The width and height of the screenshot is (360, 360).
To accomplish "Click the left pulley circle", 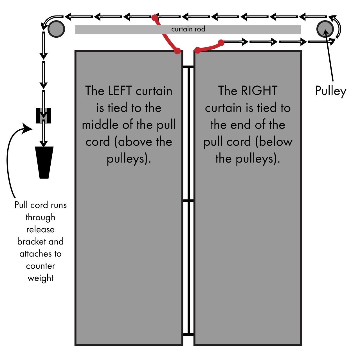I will tap(56, 29).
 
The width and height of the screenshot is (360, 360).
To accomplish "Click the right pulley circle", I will tap(325, 29).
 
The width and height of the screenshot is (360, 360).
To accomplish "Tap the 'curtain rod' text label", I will tap(188, 29).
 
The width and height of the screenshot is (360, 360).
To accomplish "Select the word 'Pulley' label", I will tap(330, 91).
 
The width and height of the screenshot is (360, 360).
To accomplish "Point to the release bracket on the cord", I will tap(43, 116).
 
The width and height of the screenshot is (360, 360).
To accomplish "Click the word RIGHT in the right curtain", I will tap(259, 91).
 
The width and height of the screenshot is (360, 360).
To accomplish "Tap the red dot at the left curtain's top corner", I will tap(177, 51).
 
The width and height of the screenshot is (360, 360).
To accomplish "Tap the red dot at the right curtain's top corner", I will tap(198, 51).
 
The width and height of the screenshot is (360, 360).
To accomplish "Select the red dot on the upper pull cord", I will tap(154, 17).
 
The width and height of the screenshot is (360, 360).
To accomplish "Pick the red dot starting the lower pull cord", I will tap(221, 43).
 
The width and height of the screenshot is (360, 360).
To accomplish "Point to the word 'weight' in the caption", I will tap(40, 278).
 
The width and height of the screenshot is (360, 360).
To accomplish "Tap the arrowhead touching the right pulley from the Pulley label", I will tap(326, 32).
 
